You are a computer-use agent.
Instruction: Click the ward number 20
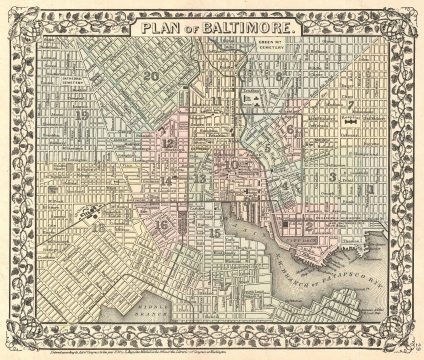click(150, 75)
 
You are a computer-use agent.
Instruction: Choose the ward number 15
click(215, 233)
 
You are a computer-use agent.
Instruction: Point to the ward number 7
click(351, 104)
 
